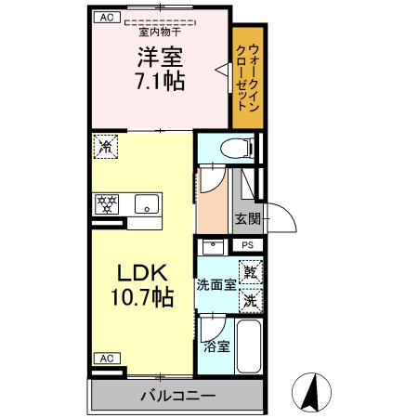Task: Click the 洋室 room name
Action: pos(160,56)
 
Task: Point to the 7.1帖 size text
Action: pos(160,81)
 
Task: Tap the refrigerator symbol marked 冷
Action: pos(107,146)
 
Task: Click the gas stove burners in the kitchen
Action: pos(107,204)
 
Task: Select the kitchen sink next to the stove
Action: pos(144,204)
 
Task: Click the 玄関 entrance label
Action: pos(247,219)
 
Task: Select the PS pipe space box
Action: pos(247,245)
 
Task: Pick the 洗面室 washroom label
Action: pos(215,286)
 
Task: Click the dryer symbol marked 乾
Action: pos(249,272)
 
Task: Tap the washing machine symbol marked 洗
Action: pos(249,300)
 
